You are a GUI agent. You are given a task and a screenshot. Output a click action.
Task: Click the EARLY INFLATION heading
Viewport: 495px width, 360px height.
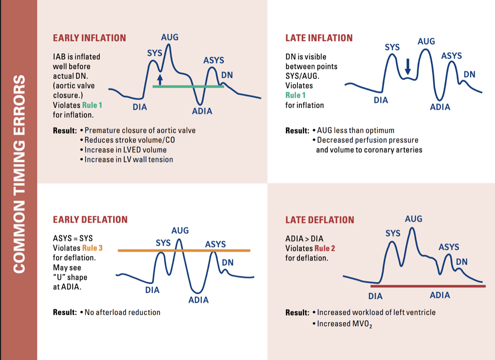89,38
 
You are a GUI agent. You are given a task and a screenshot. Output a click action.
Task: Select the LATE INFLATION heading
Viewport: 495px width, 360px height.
319,38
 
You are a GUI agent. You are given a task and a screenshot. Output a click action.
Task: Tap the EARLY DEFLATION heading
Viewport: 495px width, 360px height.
90,219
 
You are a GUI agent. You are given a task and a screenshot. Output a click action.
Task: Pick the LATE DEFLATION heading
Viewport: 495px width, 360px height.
320,220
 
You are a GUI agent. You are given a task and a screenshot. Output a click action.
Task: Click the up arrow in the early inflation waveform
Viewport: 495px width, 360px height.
160,79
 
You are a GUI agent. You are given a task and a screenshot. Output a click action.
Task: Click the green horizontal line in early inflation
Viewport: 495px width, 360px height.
188,87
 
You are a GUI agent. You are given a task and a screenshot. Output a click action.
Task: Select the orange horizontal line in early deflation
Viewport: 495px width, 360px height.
184,250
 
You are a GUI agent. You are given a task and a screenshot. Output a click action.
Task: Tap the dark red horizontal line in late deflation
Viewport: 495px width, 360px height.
427,286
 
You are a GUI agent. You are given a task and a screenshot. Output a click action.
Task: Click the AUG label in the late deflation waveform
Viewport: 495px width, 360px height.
413,219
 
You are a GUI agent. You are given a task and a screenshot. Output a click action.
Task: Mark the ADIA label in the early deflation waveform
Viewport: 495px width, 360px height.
198,300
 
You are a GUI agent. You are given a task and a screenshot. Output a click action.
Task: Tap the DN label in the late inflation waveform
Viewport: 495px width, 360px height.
469,74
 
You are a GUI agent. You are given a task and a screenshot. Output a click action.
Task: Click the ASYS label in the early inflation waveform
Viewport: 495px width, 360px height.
214,60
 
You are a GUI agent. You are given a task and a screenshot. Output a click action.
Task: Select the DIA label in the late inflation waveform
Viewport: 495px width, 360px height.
381,100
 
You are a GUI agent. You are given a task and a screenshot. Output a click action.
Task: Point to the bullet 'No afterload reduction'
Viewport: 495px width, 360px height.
122,312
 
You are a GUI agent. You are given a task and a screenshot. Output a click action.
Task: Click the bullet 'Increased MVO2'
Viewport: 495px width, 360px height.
342,324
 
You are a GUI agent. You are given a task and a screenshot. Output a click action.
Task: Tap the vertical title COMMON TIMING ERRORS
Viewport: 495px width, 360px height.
19,173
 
